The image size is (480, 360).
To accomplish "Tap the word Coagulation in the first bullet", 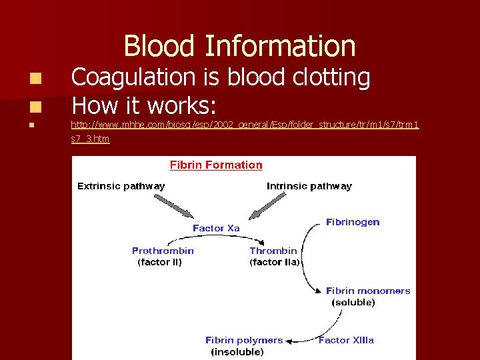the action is (x=133, y=78).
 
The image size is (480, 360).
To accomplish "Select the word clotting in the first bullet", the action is (x=331, y=78).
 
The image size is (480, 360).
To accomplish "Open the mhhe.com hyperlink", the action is (x=245, y=125).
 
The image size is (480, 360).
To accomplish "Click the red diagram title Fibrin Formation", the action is (x=216, y=165).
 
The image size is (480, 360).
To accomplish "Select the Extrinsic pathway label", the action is (x=121, y=186).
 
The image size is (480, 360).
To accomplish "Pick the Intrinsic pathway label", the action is (x=309, y=186).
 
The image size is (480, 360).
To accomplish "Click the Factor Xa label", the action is (x=216, y=228).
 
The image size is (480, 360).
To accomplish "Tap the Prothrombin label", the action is (x=163, y=251).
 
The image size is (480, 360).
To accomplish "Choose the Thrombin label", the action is (x=273, y=251).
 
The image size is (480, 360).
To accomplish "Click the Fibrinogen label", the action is (x=353, y=222).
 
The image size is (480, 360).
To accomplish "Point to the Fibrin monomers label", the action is (x=367, y=291).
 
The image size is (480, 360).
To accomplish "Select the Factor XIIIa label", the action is (x=346, y=340).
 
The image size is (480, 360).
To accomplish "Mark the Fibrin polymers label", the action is (x=243, y=340).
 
